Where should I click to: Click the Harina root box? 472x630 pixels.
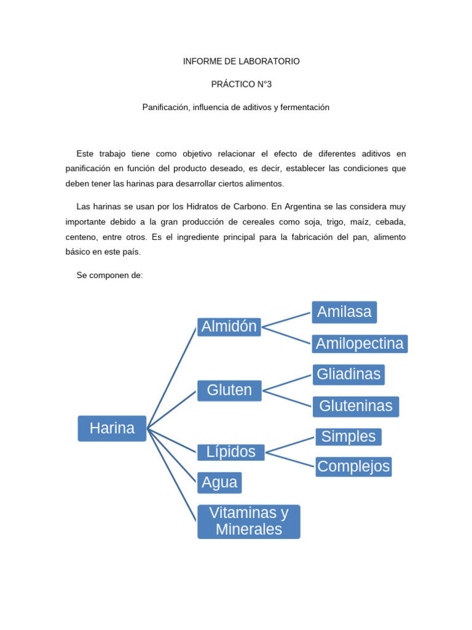(112, 428)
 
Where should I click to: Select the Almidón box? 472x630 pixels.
(229, 327)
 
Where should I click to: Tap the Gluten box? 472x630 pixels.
(229, 390)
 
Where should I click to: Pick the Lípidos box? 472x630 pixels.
(230, 452)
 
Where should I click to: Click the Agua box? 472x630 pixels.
(219, 482)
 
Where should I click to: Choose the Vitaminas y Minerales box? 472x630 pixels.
(248, 521)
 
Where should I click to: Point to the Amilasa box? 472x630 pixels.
(344, 312)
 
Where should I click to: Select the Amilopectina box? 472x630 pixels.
(360, 343)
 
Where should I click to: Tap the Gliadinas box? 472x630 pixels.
(348, 373)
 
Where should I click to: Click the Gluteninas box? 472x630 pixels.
(356, 406)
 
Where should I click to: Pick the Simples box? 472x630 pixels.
(348, 437)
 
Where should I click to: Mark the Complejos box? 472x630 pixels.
(353, 466)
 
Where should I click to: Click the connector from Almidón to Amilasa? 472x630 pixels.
(286, 319)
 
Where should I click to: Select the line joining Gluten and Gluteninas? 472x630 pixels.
(288, 398)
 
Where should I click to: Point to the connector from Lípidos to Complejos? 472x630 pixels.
(290, 459)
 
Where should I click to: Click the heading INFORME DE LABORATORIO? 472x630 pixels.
(242, 62)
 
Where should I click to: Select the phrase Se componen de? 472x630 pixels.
(109, 275)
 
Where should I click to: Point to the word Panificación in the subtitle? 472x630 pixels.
(165, 107)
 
